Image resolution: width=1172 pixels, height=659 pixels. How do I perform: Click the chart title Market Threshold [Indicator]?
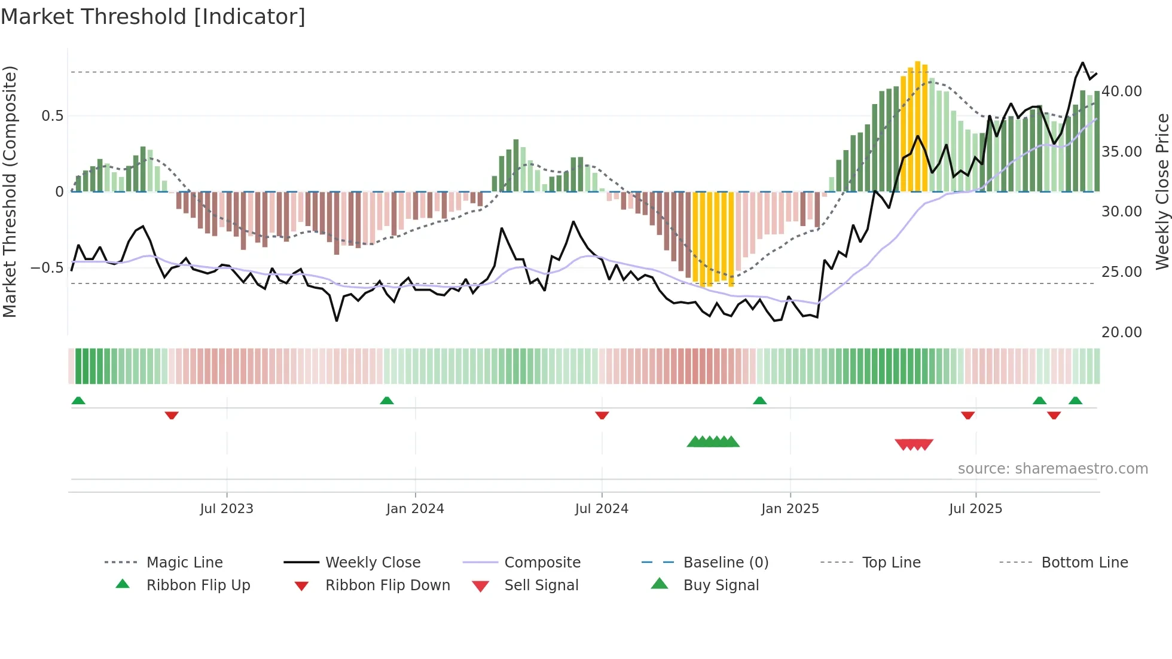(153, 17)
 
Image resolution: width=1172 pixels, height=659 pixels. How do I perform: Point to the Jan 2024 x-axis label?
(415, 509)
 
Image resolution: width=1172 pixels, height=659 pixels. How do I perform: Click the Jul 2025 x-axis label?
(975, 509)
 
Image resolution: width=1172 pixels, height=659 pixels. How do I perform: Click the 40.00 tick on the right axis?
(1121, 91)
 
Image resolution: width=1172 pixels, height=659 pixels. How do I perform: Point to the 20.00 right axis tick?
(1121, 332)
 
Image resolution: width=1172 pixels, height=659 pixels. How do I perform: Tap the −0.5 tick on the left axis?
(47, 267)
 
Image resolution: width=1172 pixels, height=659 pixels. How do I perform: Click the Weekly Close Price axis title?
(1162, 191)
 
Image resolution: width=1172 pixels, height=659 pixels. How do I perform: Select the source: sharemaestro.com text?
(1052, 469)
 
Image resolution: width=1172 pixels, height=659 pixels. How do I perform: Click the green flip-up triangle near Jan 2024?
(387, 401)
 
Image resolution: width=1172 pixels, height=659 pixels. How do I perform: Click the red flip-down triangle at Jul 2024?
(602, 415)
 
